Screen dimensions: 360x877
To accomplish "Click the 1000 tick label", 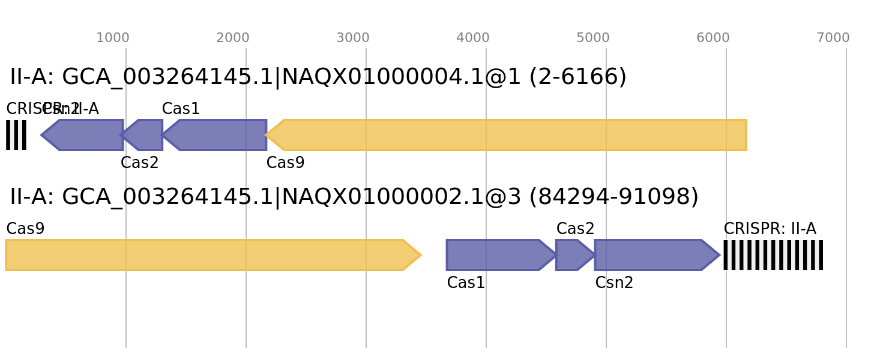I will click(x=113, y=38).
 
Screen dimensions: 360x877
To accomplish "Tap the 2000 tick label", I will click(x=233, y=38).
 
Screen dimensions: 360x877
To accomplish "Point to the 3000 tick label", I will click(x=353, y=38).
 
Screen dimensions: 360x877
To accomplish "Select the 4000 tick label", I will click(x=473, y=38).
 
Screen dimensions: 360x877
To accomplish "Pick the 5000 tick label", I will click(x=593, y=38).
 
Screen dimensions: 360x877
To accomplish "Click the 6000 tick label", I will click(x=713, y=38).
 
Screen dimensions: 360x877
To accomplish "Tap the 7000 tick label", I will click(x=833, y=38).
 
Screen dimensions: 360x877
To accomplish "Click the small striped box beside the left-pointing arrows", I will click(x=16, y=135).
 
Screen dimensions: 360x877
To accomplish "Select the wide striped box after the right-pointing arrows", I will click(x=773, y=255).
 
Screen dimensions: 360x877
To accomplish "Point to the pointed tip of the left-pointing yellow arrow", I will click(x=266, y=135).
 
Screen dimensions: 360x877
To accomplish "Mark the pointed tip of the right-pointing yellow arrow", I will click(x=421, y=255).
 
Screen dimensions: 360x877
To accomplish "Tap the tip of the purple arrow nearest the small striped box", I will click(x=41, y=135).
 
